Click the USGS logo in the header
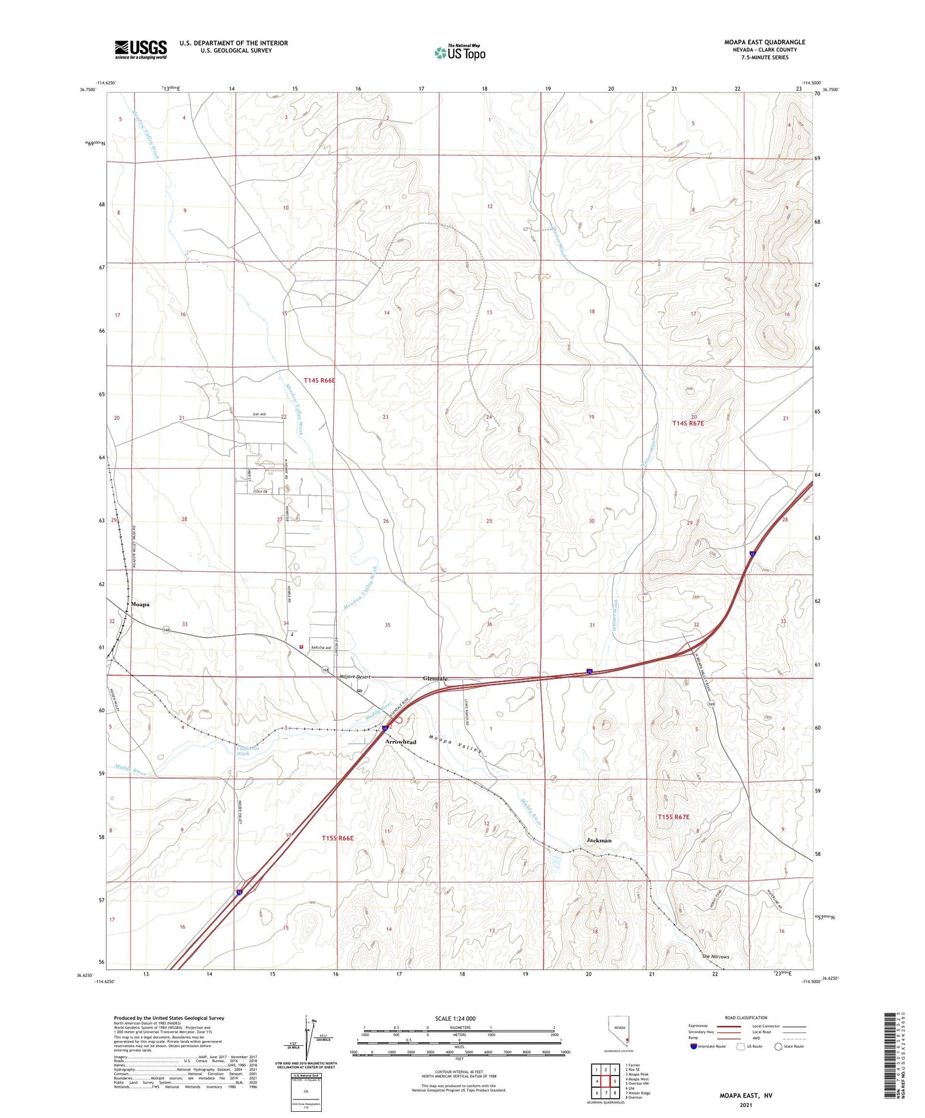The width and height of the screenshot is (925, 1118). click(141, 49)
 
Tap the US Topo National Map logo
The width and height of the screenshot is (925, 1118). click(459, 52)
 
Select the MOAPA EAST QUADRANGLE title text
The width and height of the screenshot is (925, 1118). click(764, 42)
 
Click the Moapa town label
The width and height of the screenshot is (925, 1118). click(140, 604)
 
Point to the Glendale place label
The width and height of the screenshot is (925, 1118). click(435, 678)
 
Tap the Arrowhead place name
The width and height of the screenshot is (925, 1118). click(400, 742)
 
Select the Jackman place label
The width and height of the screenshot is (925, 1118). click(599, 841)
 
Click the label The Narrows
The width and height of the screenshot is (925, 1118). click(715, 957)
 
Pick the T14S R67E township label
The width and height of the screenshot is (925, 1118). click(688, 423)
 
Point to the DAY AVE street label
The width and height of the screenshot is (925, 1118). click(258, 414)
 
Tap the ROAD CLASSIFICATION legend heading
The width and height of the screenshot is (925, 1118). click(746, 1017)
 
